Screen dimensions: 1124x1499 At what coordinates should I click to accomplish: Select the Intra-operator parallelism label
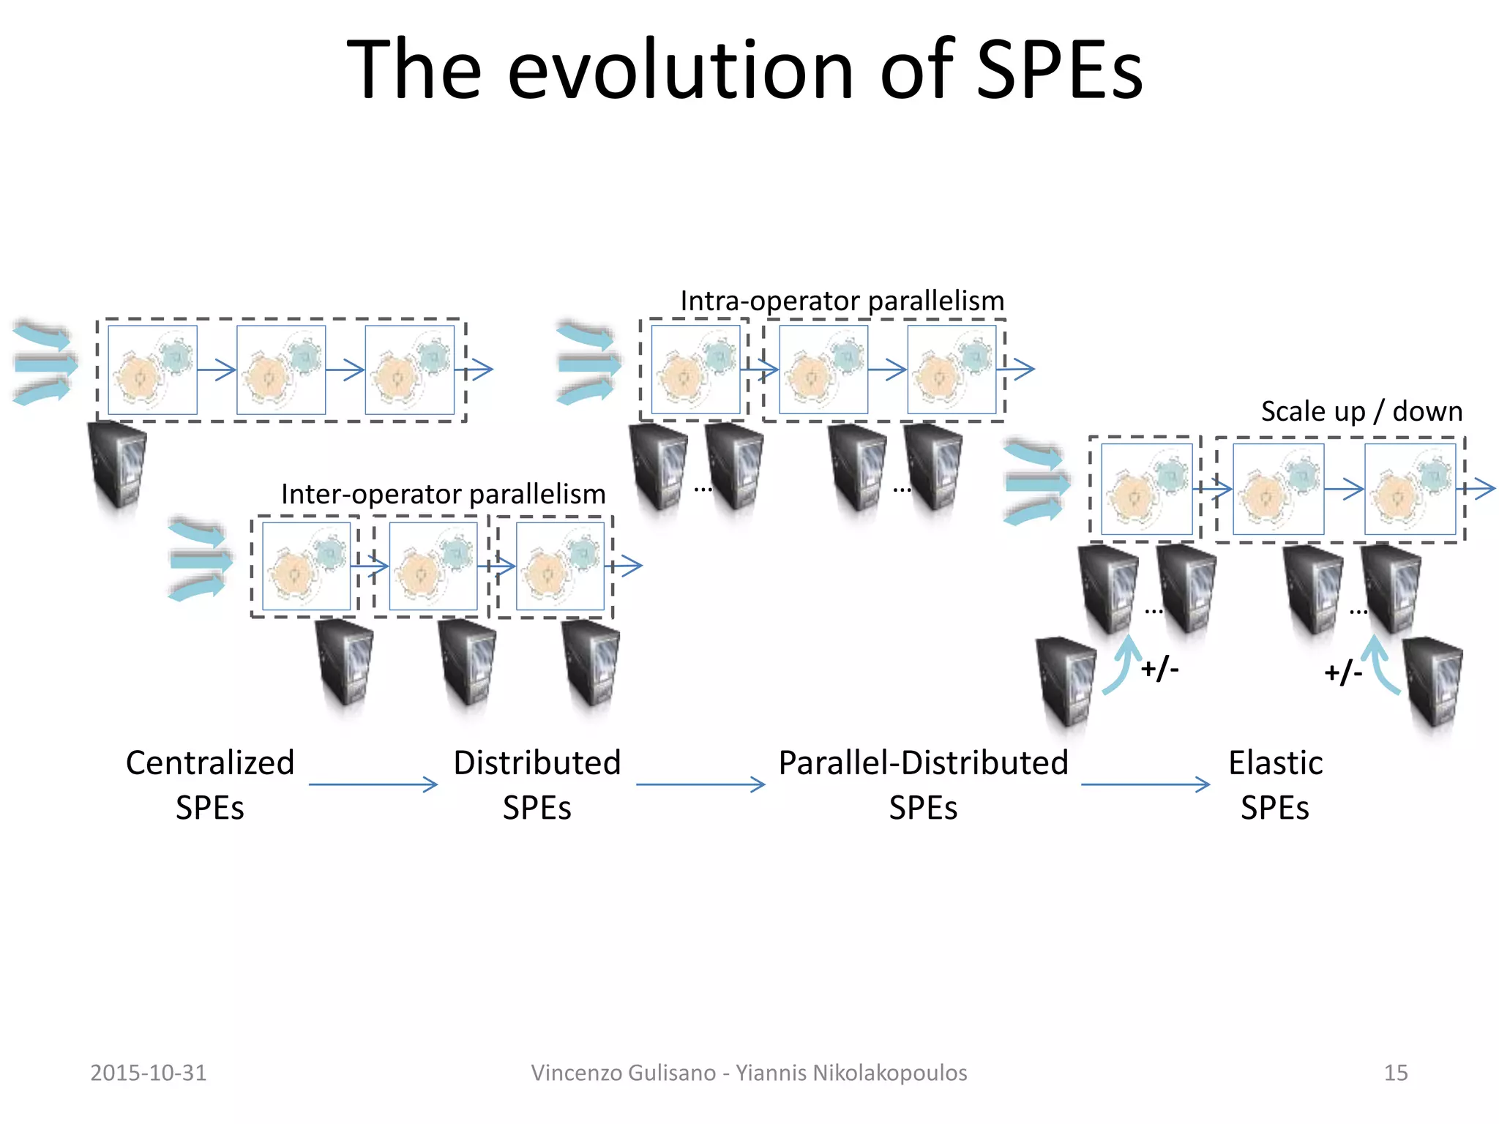[x=842, y=301]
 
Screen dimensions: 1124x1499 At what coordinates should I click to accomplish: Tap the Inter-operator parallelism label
[x=443, y=494]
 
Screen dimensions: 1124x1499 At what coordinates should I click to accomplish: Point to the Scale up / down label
[x=1361, y=411]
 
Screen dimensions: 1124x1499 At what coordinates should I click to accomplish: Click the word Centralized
[x=210, y=763]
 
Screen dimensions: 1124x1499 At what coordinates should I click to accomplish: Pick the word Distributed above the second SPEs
[x=537, y=763]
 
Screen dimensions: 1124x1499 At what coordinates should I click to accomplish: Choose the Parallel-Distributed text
[x=923, y=763]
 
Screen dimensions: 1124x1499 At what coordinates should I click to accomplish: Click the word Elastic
[x=1275, y=763]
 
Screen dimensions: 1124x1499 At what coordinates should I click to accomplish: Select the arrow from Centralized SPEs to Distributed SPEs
[x=373, y=784]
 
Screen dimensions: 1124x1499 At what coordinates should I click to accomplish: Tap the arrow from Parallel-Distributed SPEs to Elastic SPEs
[x=1145, y=784]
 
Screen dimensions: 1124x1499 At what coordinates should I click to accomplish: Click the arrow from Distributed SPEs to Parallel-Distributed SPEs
[x=700, y=784]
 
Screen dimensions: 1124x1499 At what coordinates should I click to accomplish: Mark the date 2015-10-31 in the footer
[x=149, y=1073]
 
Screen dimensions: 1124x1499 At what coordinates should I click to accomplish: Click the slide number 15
[x=1396, y=1073]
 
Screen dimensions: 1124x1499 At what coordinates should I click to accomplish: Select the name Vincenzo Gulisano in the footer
[x=623, y=1073]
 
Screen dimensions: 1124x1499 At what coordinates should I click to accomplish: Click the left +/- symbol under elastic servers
[x=1160, y=668]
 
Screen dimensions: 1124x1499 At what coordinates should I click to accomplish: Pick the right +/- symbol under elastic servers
[x=1343, y=672]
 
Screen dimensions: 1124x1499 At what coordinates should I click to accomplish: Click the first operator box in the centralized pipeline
[x=152, y=370]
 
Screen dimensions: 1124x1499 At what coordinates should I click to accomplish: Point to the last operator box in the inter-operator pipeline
[x=560, y=565]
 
